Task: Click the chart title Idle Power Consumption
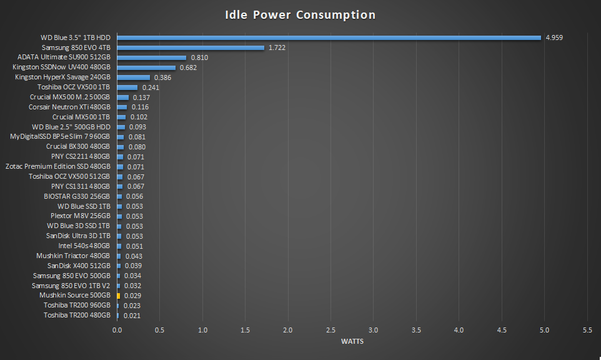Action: click(300, 14)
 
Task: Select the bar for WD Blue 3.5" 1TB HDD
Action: click(329, 37)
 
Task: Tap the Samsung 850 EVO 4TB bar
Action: click(191, 47)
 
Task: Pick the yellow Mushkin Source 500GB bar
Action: click(118, 296)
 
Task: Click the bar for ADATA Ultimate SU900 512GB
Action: click(151, 57)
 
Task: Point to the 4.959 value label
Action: click(554, 37)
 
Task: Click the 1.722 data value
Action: click(277, 47)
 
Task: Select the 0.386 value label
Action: click(162, 77)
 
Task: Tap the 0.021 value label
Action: click(132, 316)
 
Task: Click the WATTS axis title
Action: click(352, 341)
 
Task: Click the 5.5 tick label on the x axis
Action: click(587, 329)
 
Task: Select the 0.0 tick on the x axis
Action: click(117, 329)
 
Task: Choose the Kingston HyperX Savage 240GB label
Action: click(62, 77)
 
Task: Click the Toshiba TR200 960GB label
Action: click(77, 306)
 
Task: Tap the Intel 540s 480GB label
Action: click(84, 246)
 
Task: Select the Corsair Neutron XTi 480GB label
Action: click(69, 107)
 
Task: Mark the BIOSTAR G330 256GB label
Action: click(77, 196)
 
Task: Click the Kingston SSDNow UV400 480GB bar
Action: click(146, 67)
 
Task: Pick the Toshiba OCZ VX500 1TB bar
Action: click(127, 87)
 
